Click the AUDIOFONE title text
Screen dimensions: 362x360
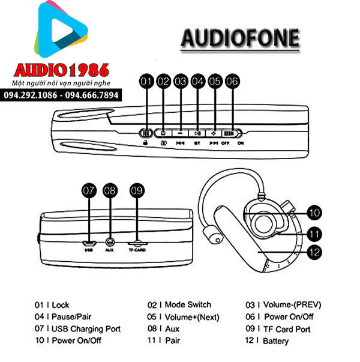coord(239,38)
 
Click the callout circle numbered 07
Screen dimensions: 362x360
coord(89,191)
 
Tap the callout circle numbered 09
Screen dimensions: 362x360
coord(137,191)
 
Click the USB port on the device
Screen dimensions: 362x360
coord(89,243)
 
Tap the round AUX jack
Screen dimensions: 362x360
coord(109,243)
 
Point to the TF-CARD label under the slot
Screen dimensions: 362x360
coord(137,250)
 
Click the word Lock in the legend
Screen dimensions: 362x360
coord(61,305)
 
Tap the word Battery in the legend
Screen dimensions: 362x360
coord(276,341)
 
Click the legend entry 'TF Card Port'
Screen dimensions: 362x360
coord(287,329)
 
